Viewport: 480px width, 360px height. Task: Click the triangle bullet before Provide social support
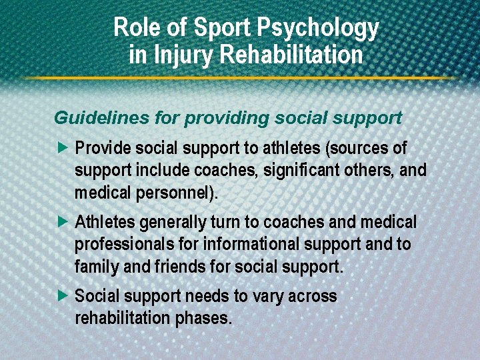click(63, 147)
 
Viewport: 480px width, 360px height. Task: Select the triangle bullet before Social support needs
click(63, 296)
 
